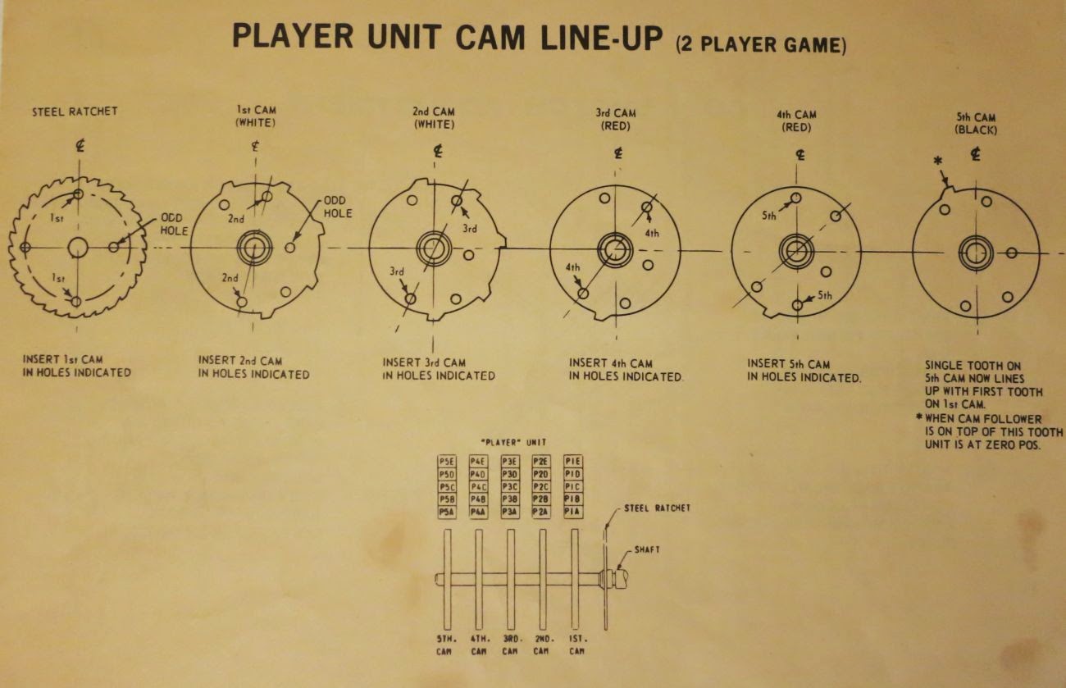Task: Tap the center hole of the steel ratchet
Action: [x=78, y=247]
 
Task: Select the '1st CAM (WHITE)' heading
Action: [x=256, y=116]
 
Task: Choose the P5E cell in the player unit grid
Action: [x=447, y=462]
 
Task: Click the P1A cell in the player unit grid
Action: [x=573, y=512]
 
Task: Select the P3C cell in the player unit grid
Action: [x=510, y=487]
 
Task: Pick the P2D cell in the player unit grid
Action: [x=541, y=475]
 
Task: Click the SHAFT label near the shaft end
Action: [x=646, y=549]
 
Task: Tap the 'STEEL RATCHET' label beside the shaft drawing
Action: [x=657, y=508]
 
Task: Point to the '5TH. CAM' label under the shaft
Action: [x=447, y=644]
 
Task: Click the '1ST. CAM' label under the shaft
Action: [x=576, y=644]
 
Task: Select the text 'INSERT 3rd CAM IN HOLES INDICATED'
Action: [x=439, y=369]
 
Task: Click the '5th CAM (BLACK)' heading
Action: [x=976, y=123]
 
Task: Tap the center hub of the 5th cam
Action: [x=976, y=252]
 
